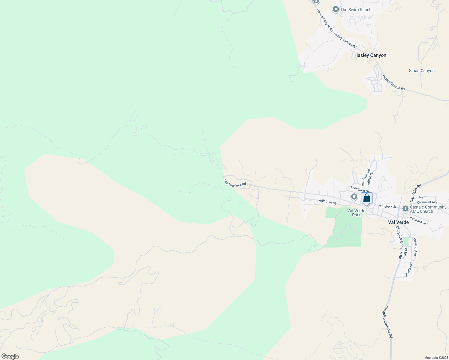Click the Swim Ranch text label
[x=356, y=10]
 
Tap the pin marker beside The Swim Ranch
[x=336, y=10]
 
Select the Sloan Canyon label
[x=422, y=71]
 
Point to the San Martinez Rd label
[x=235, y=183]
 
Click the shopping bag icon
[x=366, y=198]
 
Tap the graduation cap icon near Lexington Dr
[x=354, y=197]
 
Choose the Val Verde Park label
[x=356, y=213]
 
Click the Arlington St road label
[x=327, y=202]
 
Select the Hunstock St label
[x=387, y=206]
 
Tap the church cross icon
[x=405, y=208]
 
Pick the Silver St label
[x=422, y=197]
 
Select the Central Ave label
[x=417, y=220]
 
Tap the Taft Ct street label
[x=405, y=253]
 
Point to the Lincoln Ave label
[x=408, y=269]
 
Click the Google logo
[x=10, y=356]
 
